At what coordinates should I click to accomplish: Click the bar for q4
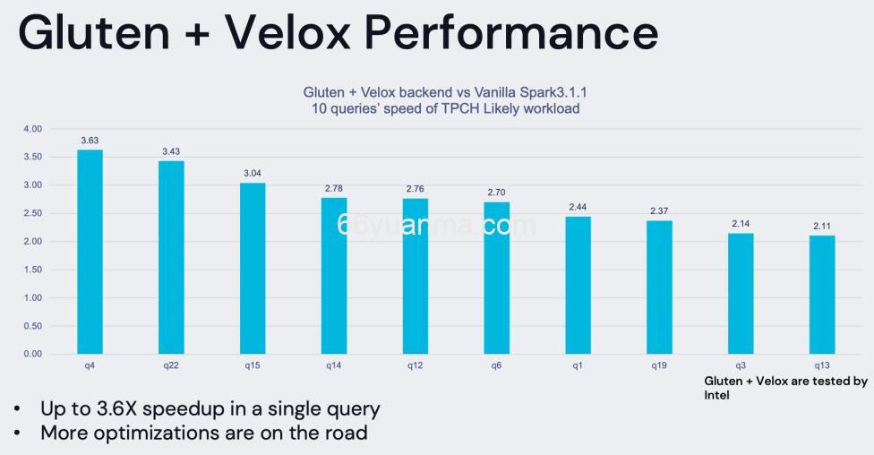[90, 252]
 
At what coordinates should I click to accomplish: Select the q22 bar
[171, 257]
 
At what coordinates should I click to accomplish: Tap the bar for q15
[253, 268]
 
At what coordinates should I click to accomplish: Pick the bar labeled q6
[497, 278]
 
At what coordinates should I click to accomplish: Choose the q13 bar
[822, 295]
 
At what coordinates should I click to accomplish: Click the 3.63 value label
[90, 141]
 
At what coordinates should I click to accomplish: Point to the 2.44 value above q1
[578, 207]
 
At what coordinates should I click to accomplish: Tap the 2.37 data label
[659, 211]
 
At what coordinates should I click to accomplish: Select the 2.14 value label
[741, 224]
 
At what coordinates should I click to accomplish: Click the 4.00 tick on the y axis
[32, 129]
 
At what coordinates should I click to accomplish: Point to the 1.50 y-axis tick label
[32, 270]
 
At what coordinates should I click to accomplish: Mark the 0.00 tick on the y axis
[32, 354]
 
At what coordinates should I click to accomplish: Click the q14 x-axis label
[334, 365]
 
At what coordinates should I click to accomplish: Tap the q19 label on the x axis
[659, 365]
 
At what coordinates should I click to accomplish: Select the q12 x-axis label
[416, 365]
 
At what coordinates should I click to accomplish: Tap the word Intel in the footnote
[716, 394]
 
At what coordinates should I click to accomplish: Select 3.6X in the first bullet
[119, 409]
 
